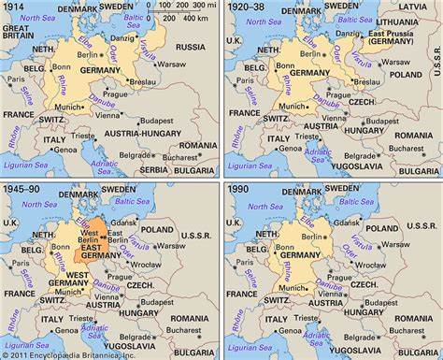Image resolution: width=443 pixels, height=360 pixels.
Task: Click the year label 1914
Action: click(x=14, y=7)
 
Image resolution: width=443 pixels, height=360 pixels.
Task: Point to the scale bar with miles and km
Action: click(x=183, y=13)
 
